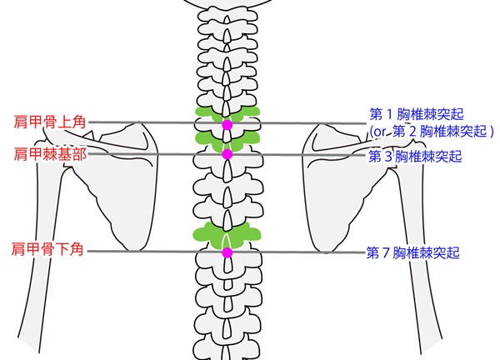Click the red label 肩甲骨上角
(x=49, y=122)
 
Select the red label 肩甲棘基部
(x=50, y=154)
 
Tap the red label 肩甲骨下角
(x=47, y=249)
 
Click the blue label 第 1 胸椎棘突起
(x=417, y=114)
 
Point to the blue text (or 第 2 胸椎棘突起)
(x=432, y=132)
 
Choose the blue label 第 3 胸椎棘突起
(x=415, y=156)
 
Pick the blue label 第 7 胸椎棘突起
(x=413, y=252)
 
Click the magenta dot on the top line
(x=227, y=125)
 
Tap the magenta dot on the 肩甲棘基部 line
(x=227, y=154)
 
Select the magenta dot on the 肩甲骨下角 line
(x=227, y=252)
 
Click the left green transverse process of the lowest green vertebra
(x=207, y=233)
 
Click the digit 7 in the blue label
(x=385, y=252)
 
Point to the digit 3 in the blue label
(x=387, y=157)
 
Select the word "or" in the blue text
(x=379, y=132)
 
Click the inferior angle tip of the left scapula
(x=132, y=250)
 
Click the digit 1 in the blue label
(x=389, y=114)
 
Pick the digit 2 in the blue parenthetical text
(x=412, y=132)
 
